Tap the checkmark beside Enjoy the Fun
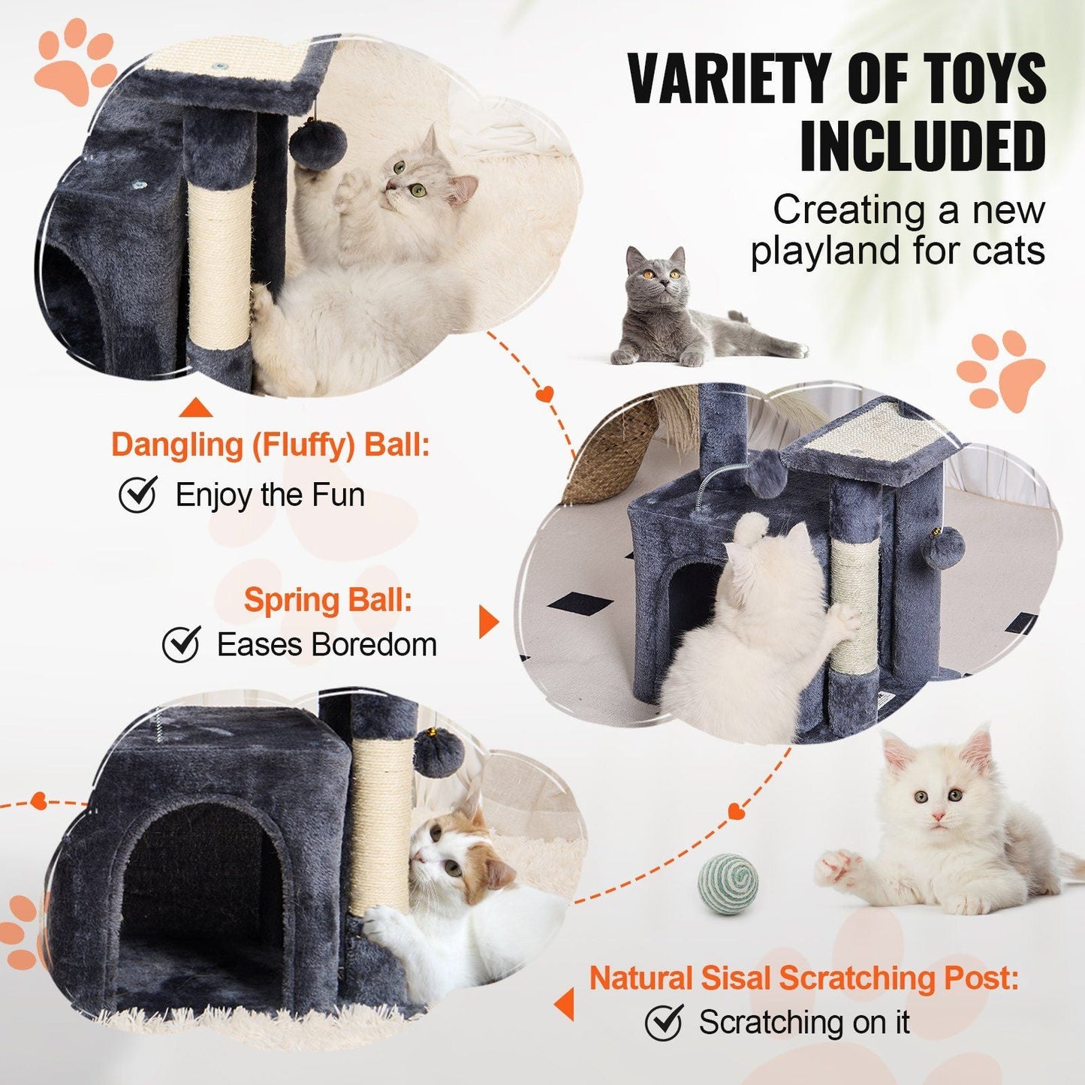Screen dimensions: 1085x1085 coord(138,494)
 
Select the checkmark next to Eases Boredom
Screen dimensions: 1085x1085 coord(181,644)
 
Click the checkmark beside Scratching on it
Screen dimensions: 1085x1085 coord(664,1022)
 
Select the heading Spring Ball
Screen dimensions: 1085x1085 coord(327,600)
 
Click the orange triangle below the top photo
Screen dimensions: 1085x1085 coord(196,408)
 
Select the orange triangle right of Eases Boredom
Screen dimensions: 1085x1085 coord(488,622)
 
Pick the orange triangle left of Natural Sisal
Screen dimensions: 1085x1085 coord(564,1004)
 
